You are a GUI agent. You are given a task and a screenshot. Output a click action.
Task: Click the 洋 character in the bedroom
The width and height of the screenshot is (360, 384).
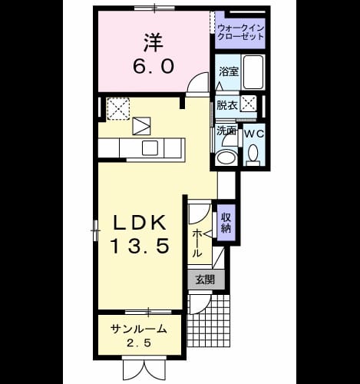click(x=154, y=42)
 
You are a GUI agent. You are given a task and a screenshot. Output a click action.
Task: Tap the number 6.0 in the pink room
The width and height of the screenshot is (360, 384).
click(x=154, y=66)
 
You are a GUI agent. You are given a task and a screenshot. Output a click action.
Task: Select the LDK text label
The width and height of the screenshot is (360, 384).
click(x=140, y=223)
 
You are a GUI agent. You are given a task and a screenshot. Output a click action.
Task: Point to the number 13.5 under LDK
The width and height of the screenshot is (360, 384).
click(x=140, y=246)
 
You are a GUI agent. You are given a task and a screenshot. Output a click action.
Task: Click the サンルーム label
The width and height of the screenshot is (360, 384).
click(x=139, y=329)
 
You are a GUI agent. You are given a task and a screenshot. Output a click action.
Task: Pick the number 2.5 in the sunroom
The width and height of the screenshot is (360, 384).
click(x=139, y=343)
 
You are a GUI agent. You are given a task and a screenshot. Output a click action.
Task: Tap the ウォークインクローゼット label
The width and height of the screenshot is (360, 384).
click(x=240, y=32)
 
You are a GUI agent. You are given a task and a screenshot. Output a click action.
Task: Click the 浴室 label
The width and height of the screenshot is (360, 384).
click(x=229, y=71)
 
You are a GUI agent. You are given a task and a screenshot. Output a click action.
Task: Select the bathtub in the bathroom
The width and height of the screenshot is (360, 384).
click(x=253, y=72)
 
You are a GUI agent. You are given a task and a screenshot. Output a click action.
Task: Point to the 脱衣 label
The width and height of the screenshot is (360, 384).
click(x=227, y=105)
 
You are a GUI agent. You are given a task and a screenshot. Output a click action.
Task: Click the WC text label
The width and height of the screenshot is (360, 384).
click(x=253, y=134)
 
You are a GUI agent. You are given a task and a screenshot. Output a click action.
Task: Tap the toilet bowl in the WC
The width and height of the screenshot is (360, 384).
click(x=253, y=153)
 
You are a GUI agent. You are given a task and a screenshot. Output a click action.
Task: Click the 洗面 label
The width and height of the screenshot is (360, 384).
click(x=226, y=131)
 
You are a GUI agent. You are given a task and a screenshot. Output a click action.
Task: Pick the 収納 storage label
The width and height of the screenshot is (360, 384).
click(x=226, y=223)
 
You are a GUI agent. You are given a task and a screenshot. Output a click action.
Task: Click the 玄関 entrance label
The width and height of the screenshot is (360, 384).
click(x=205, y=280)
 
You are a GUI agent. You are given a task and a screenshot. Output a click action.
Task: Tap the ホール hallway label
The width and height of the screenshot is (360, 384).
click(x=197, y=243)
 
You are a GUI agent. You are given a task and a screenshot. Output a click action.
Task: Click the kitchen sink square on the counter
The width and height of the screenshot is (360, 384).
click(x=150, y=147)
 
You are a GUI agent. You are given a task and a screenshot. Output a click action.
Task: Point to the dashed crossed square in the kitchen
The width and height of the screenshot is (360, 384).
click(x=118, y=108)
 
